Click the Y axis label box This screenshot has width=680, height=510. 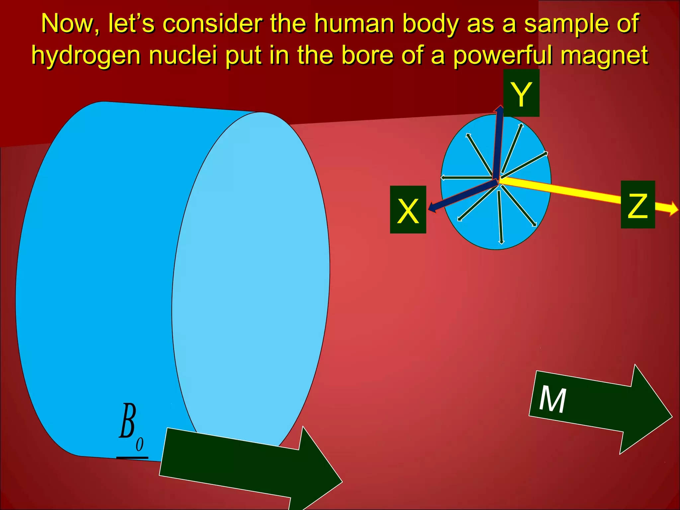click(521, 93)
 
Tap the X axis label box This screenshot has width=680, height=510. click(408, 210)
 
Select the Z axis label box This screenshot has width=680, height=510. click(637, 205)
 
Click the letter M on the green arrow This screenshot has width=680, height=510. click(552, 400)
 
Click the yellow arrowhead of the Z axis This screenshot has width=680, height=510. click(673, 209)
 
